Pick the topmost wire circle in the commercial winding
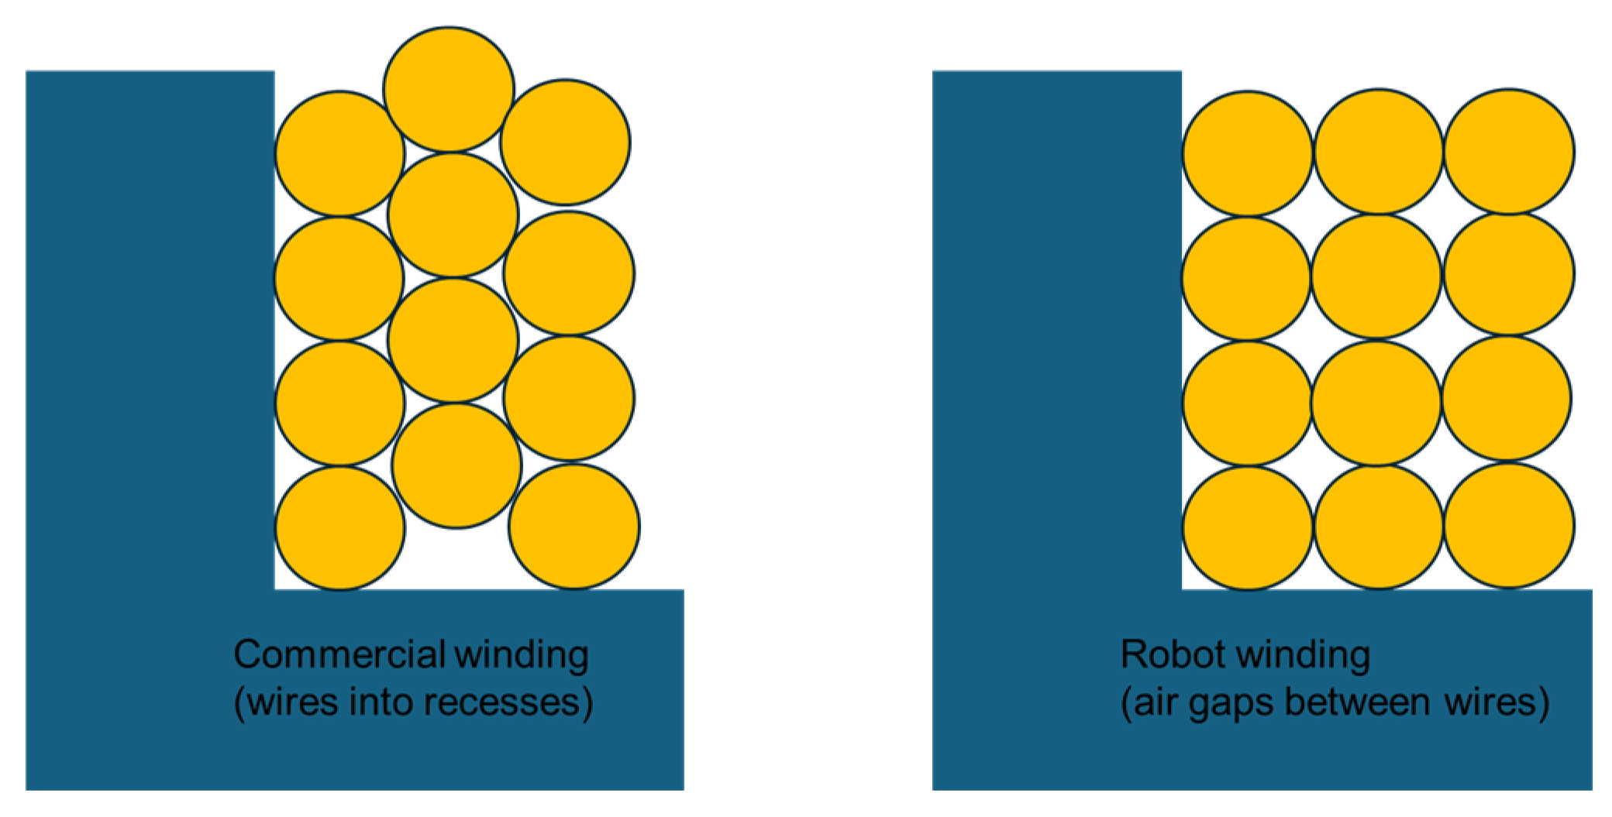point(449,89)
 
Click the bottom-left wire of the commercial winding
point(339,528)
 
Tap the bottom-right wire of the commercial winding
point(574,527)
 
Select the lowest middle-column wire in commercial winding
point(456,465)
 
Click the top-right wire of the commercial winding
point(565,142)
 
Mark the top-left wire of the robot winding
point(1247,153)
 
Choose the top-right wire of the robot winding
point(1509,151)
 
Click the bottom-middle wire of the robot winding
point(1379,527)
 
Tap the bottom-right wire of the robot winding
point(1509,525)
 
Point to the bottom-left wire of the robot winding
point(1248,528)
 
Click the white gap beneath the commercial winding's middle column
point(457,559)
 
